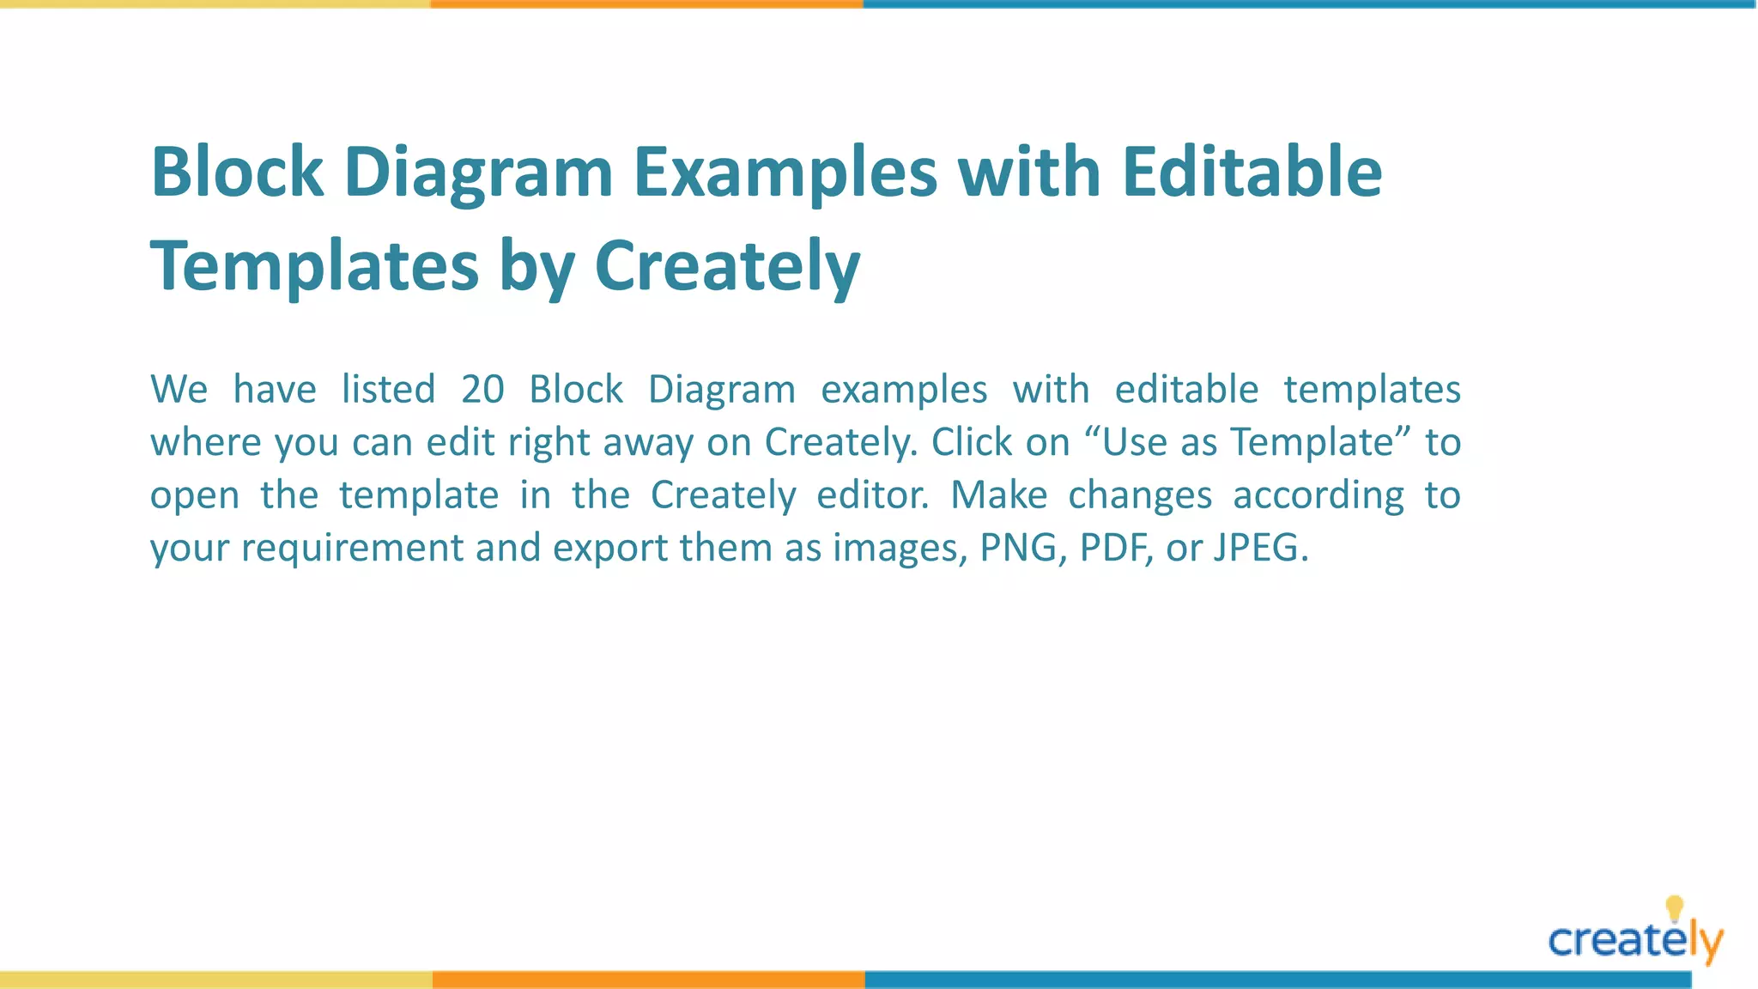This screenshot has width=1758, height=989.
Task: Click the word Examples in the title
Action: [x=785, y=173]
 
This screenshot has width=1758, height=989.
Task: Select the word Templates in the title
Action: [x=314, y=266]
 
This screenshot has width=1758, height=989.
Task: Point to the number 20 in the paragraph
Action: [x=482, y=390]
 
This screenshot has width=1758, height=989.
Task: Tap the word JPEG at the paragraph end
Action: [x=1260, y=548]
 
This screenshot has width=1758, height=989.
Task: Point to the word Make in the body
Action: [x=999, y=495]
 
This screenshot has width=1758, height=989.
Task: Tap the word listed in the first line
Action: [x=388, y=390]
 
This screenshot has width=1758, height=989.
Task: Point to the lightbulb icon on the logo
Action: [x=1674, y=907]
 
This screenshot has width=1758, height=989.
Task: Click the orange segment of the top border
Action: [x=646, y=4]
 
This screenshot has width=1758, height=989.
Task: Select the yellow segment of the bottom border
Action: [x=215, y=980]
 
